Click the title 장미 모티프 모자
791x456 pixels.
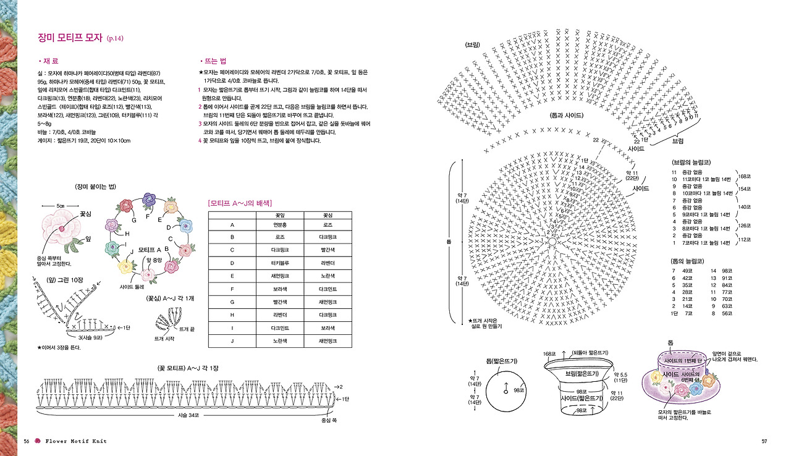tap(69, 38)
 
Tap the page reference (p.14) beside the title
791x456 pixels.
tap(116, 39)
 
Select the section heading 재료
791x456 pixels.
tap(49, 62)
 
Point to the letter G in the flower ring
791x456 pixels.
tap(133, 221)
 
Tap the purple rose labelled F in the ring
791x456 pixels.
tap(148, 199)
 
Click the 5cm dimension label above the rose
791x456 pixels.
tap(61, 206)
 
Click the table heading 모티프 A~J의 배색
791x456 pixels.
tap(241, 203)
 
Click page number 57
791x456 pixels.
tap(764, 441)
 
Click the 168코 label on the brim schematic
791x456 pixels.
tap(548, 353)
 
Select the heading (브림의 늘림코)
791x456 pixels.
tap(692, 162)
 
